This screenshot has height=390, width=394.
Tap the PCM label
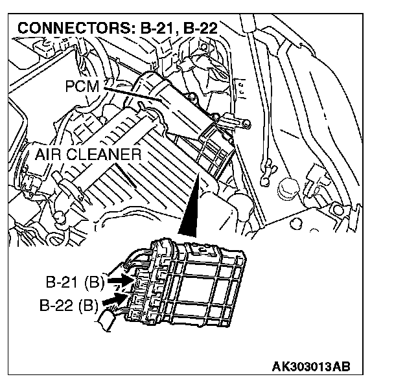click(x=82, y=86)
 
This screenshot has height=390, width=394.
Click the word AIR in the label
click(x=50, y=155)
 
